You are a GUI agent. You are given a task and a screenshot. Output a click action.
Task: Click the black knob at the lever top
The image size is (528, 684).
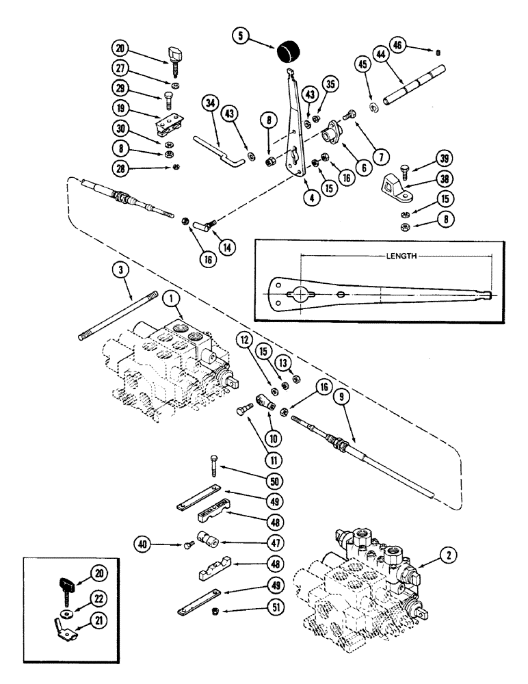288,53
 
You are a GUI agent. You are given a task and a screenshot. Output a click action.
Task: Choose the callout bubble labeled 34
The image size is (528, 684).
209,105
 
